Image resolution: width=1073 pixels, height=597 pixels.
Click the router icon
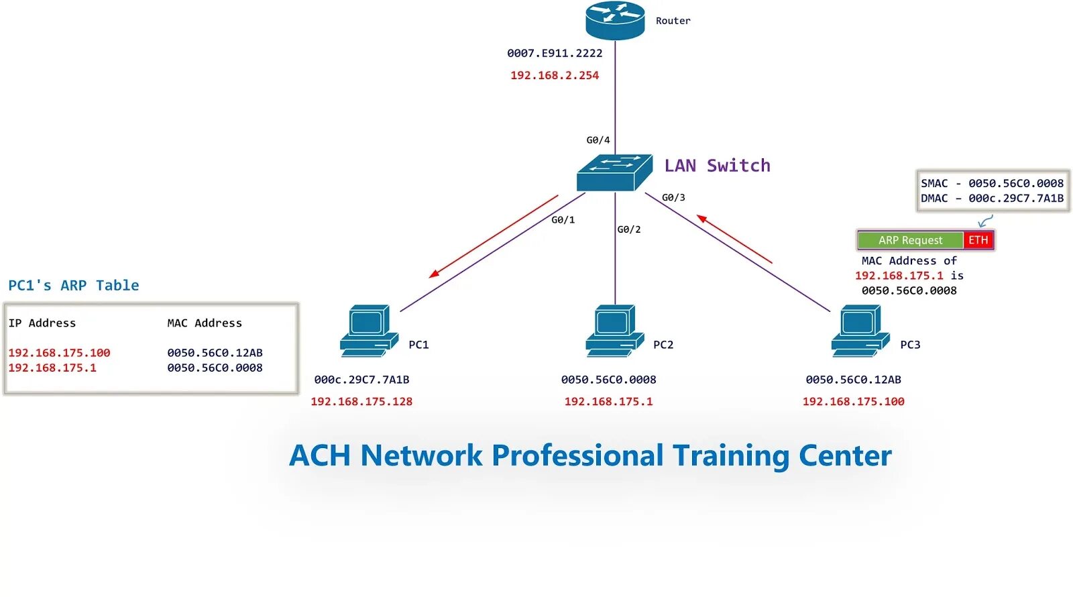615,20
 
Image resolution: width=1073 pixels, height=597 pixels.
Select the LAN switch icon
614,172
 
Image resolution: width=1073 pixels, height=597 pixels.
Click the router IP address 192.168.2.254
555,75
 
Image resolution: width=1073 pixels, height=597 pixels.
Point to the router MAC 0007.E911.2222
555,53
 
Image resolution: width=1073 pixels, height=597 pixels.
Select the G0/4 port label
598,140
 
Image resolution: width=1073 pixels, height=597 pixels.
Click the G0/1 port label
563,220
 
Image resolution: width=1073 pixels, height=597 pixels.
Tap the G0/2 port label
629,229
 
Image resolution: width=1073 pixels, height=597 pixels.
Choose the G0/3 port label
673,198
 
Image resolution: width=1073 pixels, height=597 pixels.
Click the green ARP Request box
910,240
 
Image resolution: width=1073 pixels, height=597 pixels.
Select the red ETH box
978,240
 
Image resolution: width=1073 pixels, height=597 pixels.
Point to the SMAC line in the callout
992,183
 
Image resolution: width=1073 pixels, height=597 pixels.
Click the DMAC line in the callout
992,199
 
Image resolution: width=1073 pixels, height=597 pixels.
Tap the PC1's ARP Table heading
74,286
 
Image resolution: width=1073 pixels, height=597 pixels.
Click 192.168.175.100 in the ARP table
59,353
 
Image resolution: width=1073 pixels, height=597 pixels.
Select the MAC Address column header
205,323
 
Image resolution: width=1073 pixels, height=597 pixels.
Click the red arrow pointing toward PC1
493,236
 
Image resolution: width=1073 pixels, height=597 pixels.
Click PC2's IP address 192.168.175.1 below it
608,402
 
